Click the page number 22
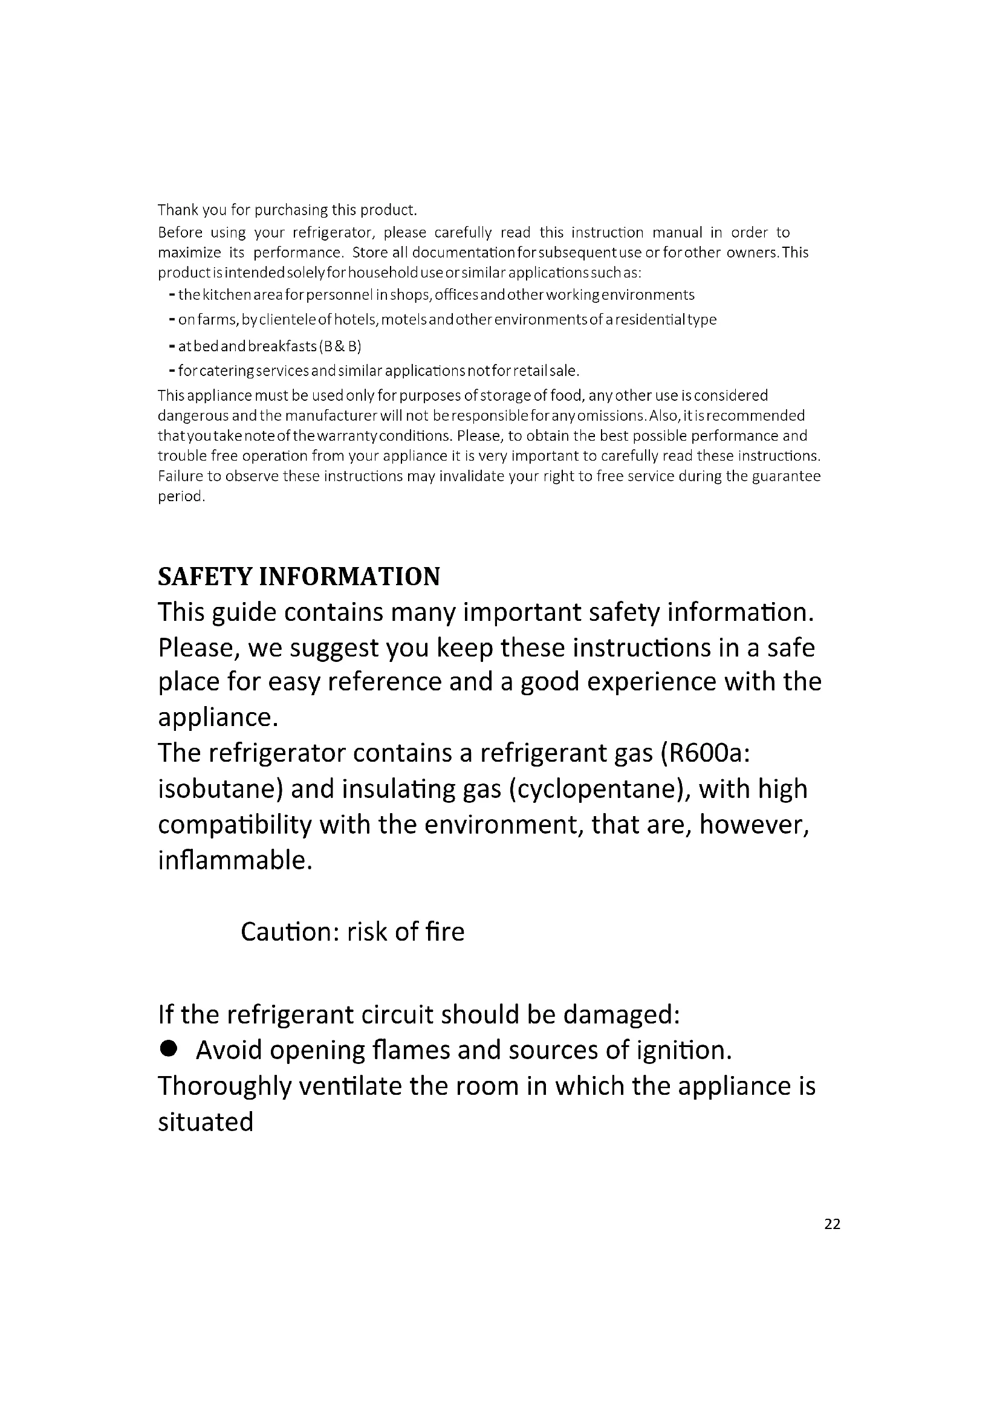[x=831, y=1224]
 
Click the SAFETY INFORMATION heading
[x=299, y=577]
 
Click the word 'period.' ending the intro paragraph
[x=181, y=496]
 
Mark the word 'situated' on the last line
[x=206, y=1122]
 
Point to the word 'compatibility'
[x=235, y=825]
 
